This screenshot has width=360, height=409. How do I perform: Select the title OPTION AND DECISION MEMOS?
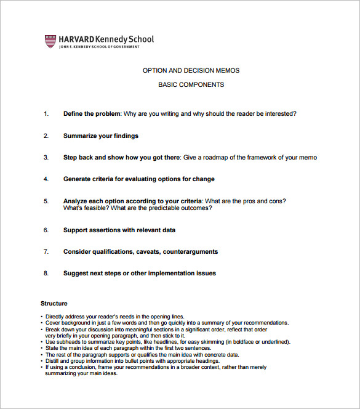[191, 70]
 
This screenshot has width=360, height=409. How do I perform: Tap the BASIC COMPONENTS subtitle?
[191, 85]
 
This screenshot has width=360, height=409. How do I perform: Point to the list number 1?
[46, 113]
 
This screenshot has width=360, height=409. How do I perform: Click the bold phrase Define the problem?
[92, 113]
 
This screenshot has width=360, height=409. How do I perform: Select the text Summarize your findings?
[101, 136]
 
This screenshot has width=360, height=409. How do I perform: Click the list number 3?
[46, 157]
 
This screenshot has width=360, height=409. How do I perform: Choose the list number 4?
[46, 179]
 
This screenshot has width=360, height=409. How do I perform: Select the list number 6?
[46, 230]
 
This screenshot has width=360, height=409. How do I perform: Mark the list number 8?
[46, 273]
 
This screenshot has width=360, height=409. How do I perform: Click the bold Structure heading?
[54, 303]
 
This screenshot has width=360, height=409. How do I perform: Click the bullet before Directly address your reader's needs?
[42, 317]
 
